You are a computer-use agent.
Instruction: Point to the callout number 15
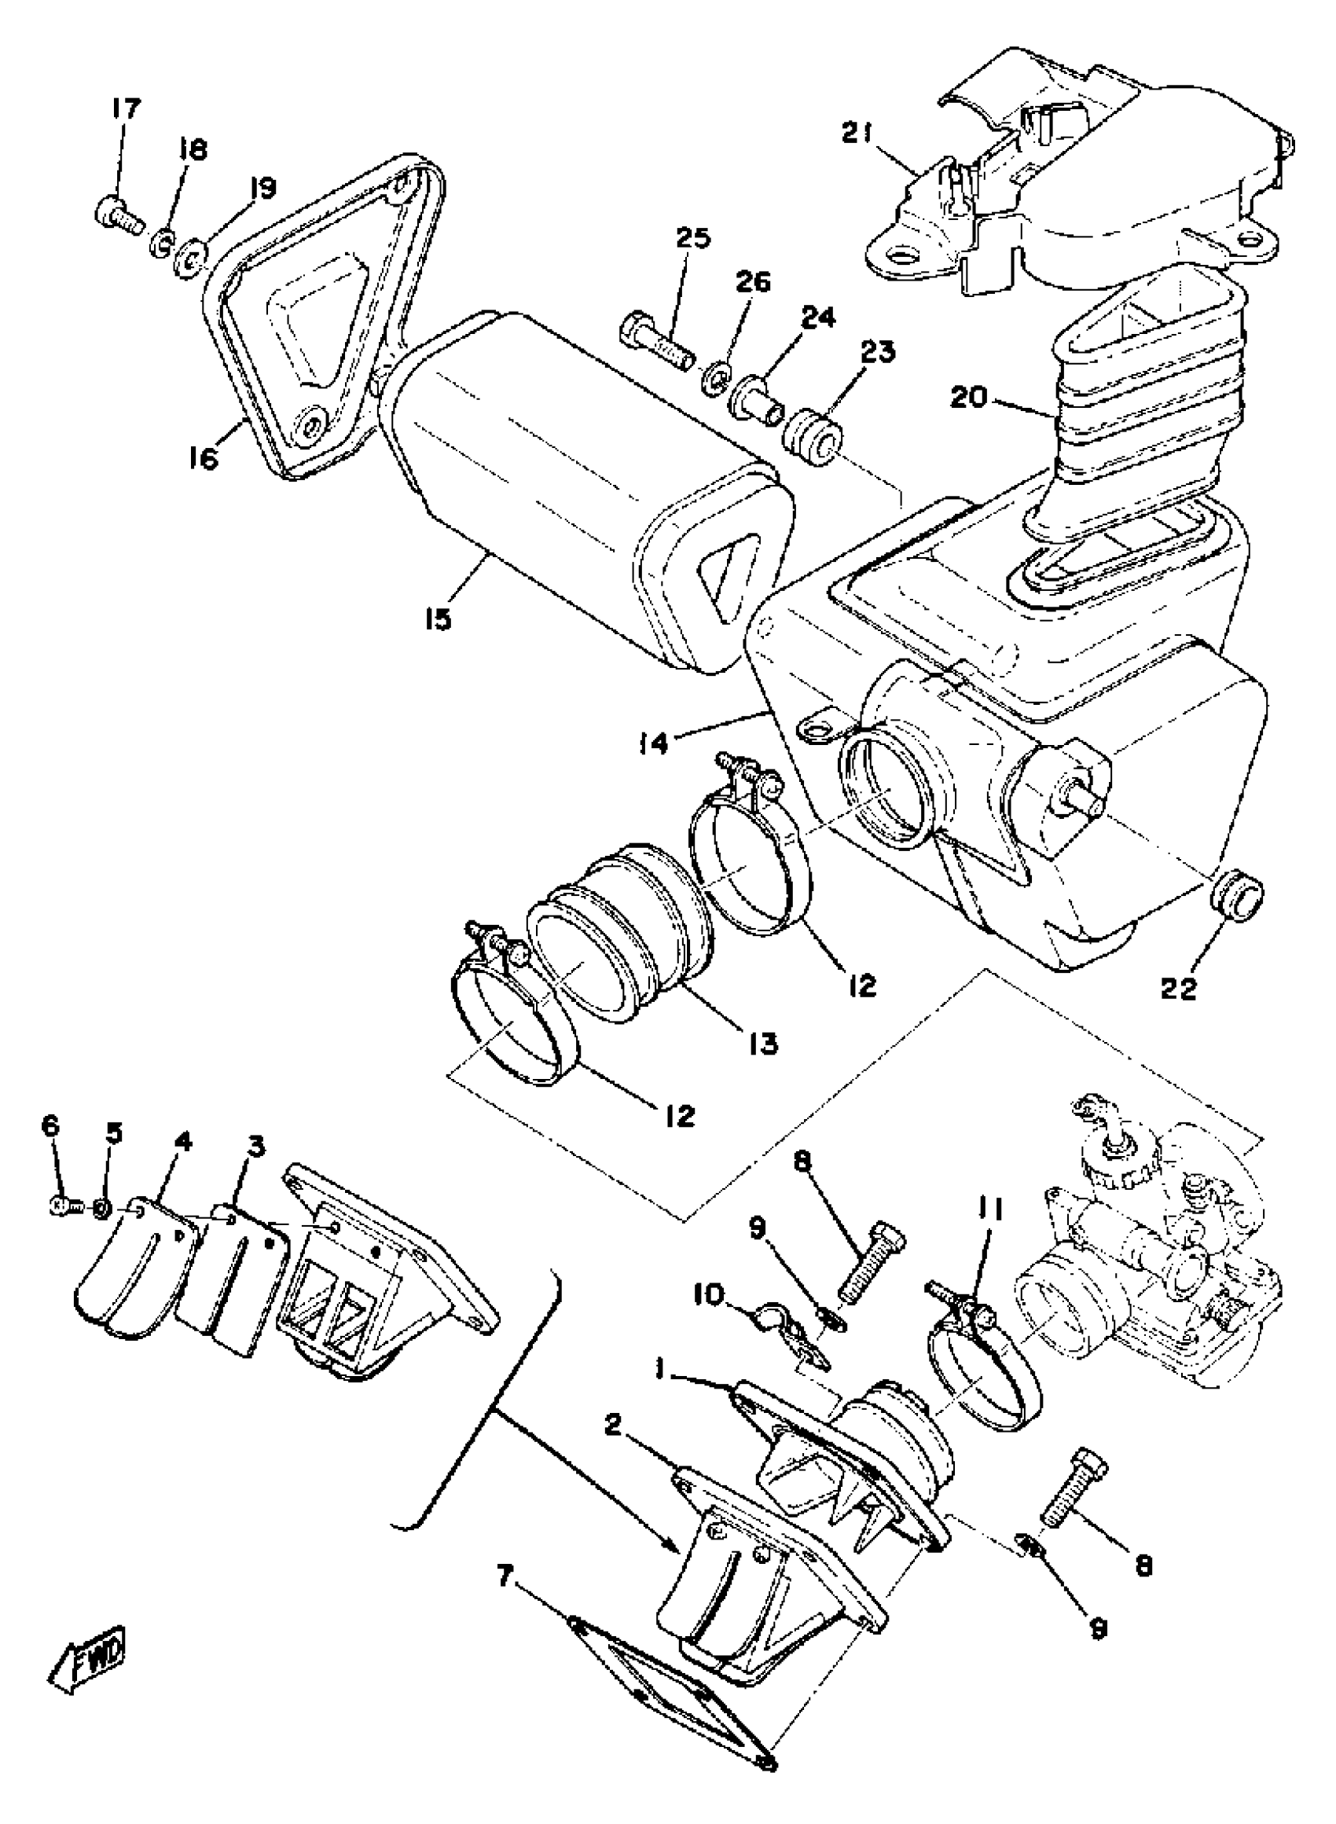[438, 618]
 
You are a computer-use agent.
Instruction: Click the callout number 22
[1178, 988]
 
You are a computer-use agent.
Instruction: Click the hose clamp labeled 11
[983, 1367]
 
